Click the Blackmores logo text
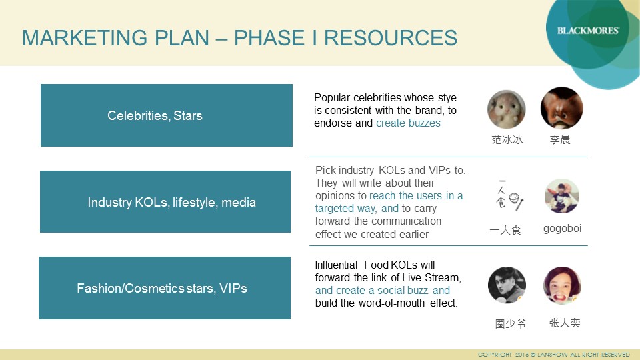(588, 31)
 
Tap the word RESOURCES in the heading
(391, 38)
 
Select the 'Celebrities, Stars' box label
(155, 115)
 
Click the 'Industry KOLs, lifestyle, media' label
(171, 202)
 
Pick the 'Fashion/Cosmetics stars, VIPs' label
(162, 288)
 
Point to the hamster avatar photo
(507, 109)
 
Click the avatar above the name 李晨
(561, 108)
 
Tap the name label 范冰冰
(507, 139)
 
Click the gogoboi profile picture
(562, 196)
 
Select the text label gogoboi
(562, 229)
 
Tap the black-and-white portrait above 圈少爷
(507, 285)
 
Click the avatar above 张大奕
(562, 285)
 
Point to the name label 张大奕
(565, 323)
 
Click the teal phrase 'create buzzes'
(408, 123)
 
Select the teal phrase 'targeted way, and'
(357, 208)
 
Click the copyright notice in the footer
(554, 355)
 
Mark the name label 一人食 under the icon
(505, 230)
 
